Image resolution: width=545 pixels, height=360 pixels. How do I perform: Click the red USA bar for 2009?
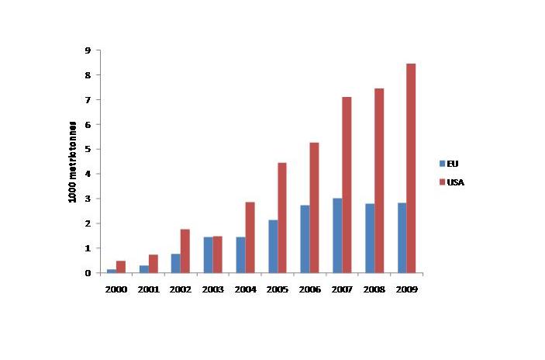point(411,168)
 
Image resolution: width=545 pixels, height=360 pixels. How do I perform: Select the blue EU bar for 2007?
point(337,236)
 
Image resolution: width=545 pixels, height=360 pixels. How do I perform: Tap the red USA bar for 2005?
point(282,218)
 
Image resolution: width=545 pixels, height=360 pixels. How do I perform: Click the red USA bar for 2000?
point(121,267)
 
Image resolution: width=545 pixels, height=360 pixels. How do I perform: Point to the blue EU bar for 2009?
point(402,238)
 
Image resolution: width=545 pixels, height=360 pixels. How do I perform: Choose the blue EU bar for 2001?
point(143,269)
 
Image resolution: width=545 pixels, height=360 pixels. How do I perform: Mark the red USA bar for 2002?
point(185,251)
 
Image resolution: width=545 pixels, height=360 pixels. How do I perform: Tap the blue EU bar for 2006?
point(305,239)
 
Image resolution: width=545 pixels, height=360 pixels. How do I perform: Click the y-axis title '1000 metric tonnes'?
point(72,162)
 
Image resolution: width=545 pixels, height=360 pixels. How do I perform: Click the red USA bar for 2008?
point(379,181)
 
